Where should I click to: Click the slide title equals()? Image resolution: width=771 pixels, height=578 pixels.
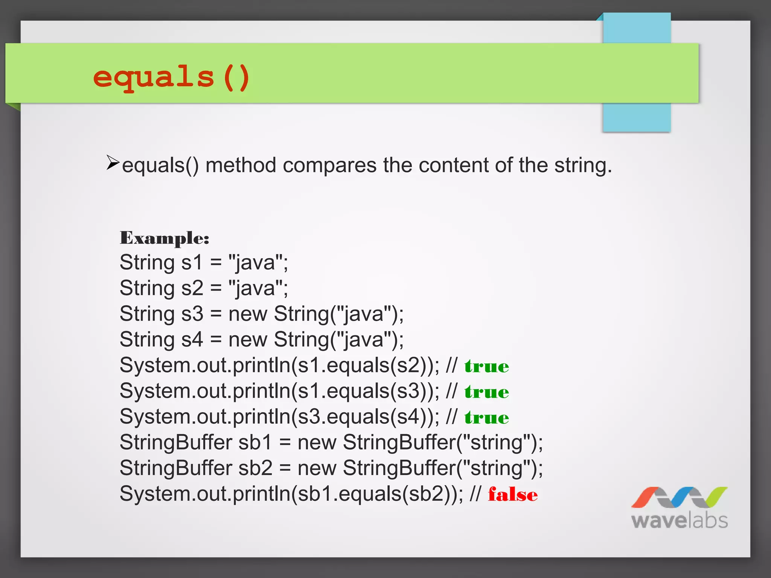(171, 77)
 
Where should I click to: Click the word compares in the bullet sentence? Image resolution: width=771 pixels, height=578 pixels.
(329, 166)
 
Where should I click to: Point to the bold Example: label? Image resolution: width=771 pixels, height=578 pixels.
(165, 238)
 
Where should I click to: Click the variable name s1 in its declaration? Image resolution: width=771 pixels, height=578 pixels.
(192, 262)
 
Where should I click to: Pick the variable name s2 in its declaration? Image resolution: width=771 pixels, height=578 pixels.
(192, 288)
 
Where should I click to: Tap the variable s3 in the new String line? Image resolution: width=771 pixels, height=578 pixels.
(192, 314)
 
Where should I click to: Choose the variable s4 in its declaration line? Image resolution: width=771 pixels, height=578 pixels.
(192, 339)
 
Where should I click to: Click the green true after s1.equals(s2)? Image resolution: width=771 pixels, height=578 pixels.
(486, 366)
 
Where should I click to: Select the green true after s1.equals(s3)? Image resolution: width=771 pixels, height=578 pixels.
(486, 392)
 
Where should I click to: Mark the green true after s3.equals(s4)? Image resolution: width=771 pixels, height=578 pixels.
(486, 418)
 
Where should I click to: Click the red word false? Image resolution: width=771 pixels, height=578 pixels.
(513, 494)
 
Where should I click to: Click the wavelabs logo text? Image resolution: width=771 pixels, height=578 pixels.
(680, 521)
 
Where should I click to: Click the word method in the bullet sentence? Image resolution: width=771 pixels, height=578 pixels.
(241, 166)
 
